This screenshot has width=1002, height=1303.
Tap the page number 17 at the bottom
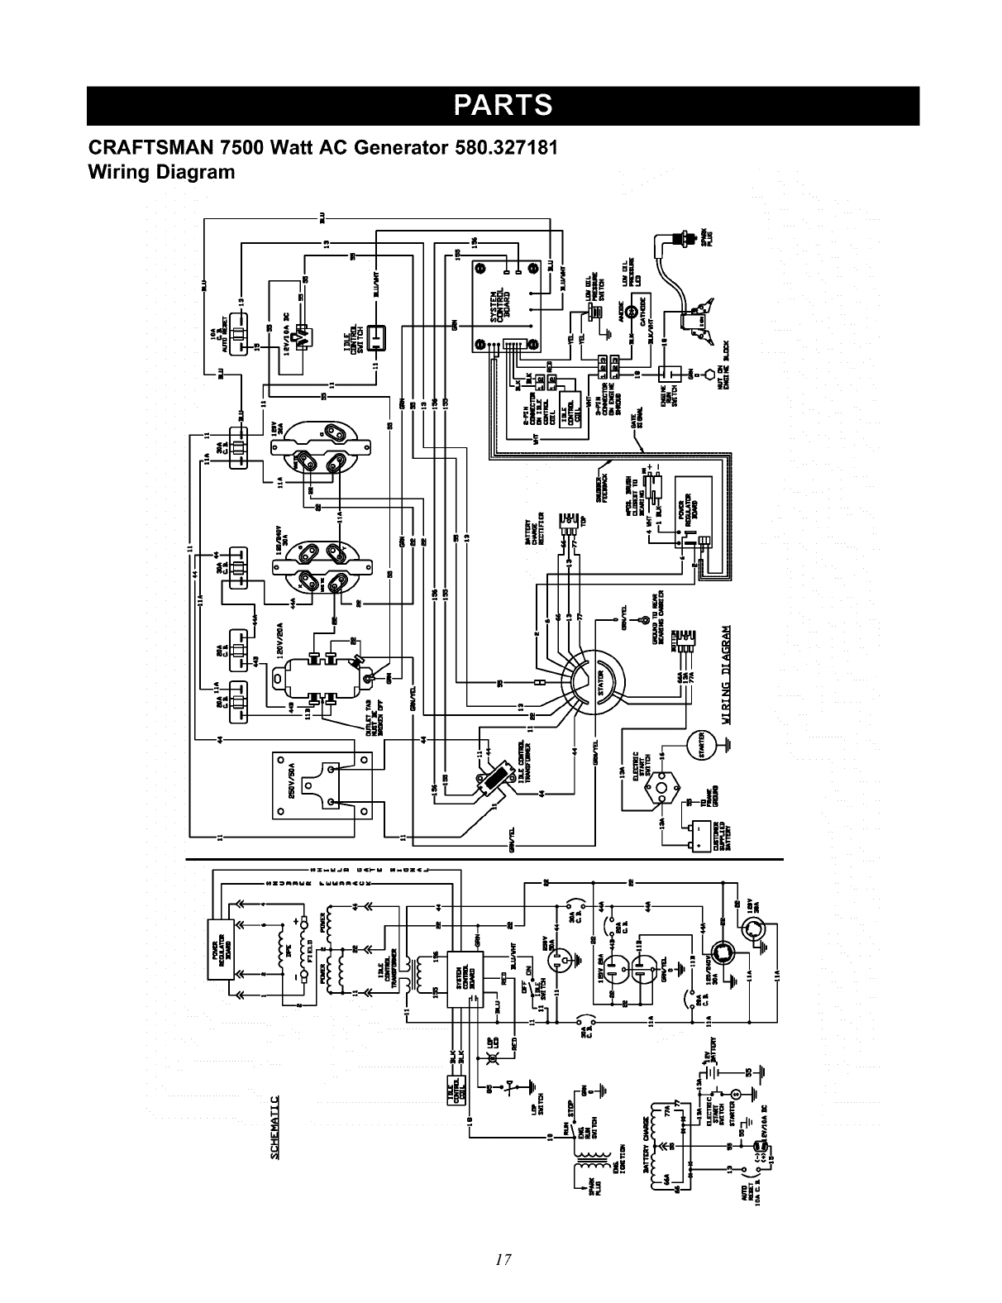tap(501, 1260)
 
